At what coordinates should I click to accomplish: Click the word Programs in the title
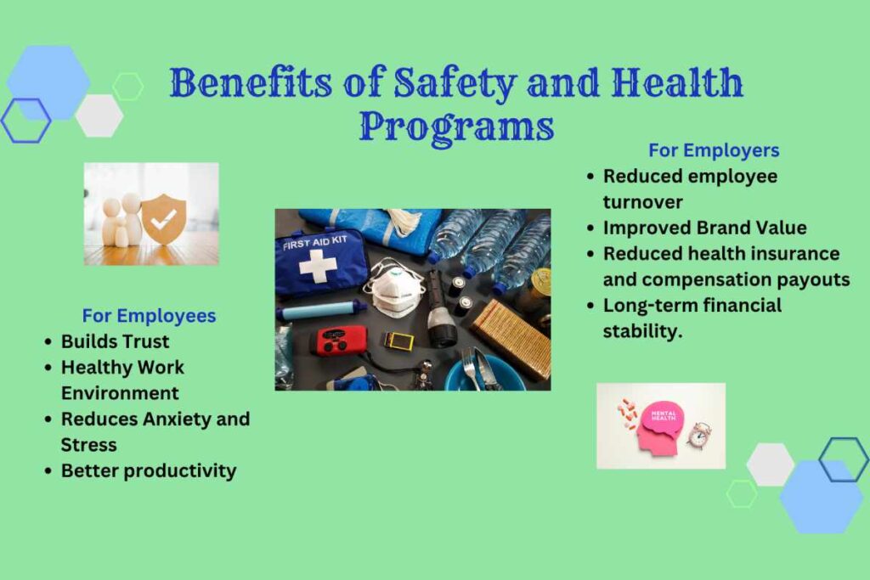pyautogui.click(x=456, y=127)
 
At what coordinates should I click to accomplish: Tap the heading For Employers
pyautogui.click(x=714, y=150)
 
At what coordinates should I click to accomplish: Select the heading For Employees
pyautogui.click(x=149, y=316)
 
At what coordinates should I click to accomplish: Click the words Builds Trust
pyautogui.click(x=115, y=341)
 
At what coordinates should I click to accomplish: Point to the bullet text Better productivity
pyautogui.click(x=148, y=470)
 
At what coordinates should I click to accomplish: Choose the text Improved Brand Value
pyautogui.click(x=704, y=228)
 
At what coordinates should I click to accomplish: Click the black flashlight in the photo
pyautogui.click(x=440, y=313)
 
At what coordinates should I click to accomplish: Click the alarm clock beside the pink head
pyautogui.click(x=698, y=434)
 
